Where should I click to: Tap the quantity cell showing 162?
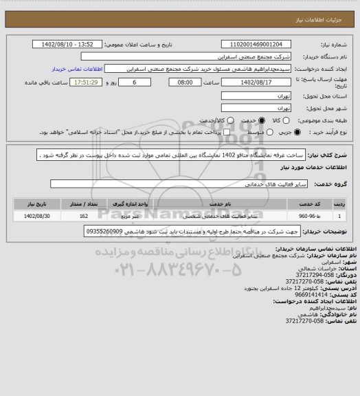[x=84, y=217]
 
